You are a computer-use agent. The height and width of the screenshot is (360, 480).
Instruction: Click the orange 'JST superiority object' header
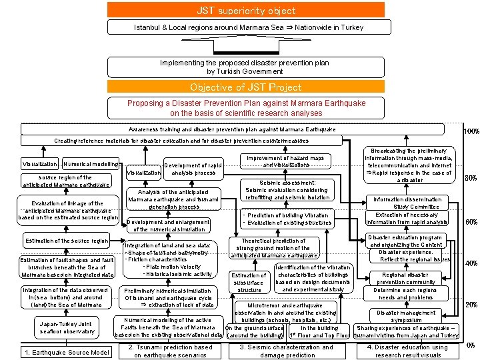pyautogui.click(x=246, y=10)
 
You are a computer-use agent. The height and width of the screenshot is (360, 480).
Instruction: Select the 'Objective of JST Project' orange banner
pyautogui.click(x=246, y=87)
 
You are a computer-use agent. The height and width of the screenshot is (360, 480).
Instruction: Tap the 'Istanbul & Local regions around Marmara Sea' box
pyautogui.click(x=246, y=27)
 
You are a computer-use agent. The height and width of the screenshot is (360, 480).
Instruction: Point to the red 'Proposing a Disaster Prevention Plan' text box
pyautogui.click(x=246, y=108)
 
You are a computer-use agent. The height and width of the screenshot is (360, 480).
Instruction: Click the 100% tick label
pyautogui.click(x=471, y=131)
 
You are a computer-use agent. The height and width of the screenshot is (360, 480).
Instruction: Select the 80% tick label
pyautogui.click(x=471, y=178)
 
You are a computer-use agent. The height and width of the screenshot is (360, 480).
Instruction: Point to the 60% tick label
pyautogui.click(x=471, y=222)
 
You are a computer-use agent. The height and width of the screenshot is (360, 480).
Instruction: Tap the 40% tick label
pyautogui.click(x=471, y=263)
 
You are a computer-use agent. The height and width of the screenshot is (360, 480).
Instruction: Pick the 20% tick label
pyautogui.click(x=471, y=305)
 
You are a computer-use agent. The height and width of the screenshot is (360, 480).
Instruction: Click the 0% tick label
pyautogui.click(x=471, y=345)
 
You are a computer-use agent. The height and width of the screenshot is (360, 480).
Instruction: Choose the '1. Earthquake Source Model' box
pyautogui.click(x=66, y=352)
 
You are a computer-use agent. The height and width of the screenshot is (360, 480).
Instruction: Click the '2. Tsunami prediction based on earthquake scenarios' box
pyautogui.click(x=170, y=351)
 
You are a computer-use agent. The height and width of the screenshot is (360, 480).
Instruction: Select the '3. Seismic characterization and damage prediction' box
pyautogui.click(x=286, y=351)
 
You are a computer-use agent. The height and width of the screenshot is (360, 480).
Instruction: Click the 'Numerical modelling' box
pyautogui.click(x=91, y=163)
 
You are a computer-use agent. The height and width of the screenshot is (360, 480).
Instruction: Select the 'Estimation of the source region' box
pyautogui.click(x=66, y=241)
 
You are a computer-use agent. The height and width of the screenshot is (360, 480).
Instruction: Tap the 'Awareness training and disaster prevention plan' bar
pyautogui.click(x=232, y=129)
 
